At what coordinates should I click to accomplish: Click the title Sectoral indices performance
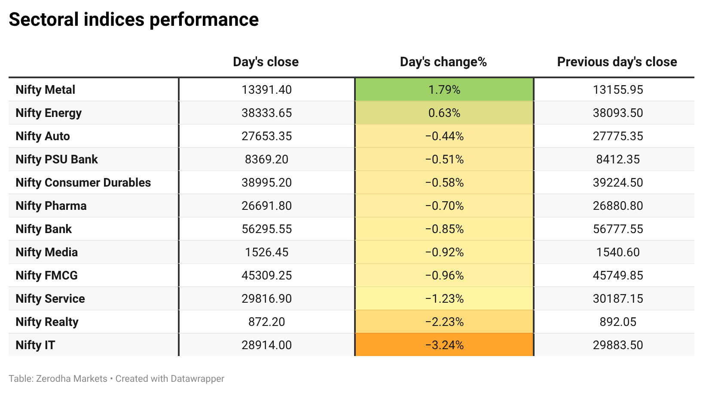click(134, 19)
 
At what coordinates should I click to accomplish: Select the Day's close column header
click(266, 62)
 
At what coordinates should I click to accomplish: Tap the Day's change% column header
click(443, 62)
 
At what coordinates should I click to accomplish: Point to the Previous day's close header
click(617, 62)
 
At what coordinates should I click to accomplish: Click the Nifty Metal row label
click(46, 90)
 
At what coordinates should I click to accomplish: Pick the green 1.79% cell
click(444, 90)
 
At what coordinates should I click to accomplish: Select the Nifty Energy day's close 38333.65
click(266, 113)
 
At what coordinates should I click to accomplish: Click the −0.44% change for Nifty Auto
click(444, 136)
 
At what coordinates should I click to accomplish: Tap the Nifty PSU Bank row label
click(57, 160)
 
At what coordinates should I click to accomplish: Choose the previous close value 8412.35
click(617, 160)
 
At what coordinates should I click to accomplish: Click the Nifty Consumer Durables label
click(83, 183)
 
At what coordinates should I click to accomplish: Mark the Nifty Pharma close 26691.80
click(266, 206)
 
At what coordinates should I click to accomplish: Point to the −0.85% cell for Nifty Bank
click(444, 229)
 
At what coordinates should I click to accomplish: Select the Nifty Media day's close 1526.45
click(266, 252)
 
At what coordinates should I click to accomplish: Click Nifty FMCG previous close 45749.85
click(617, 276)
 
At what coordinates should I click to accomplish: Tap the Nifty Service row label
click(50, 299)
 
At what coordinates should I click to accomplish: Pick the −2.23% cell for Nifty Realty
click(444, 322)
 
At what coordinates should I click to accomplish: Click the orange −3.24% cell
click(444, 345)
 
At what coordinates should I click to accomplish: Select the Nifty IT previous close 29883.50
click(617, 345)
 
